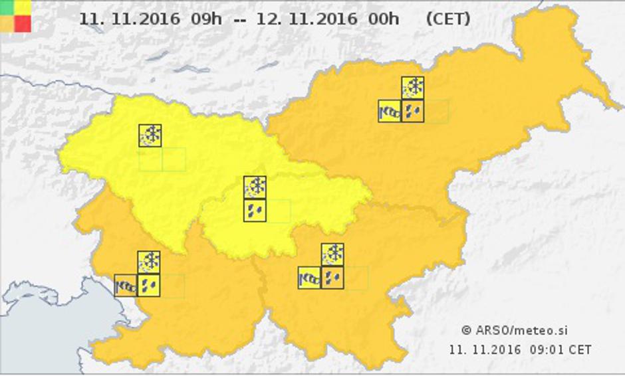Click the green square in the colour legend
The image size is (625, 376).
7,7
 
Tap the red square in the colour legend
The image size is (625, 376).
23,23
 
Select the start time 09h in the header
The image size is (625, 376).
206,19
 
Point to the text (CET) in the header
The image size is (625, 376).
447,19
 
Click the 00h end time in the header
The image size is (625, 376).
383,19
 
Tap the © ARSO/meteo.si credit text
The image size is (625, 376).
515,330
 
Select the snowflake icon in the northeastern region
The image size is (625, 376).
413,88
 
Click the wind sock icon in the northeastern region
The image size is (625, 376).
390,111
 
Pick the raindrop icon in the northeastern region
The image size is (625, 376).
413,111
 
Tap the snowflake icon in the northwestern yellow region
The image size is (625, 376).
150,136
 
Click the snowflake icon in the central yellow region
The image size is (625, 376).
255,187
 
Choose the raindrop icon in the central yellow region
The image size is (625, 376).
255,211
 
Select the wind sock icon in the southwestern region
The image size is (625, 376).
126,286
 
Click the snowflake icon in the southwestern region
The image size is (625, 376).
149,262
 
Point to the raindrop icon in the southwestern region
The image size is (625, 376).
149,286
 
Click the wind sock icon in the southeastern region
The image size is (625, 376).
309,278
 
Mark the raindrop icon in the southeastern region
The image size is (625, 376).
332,278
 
